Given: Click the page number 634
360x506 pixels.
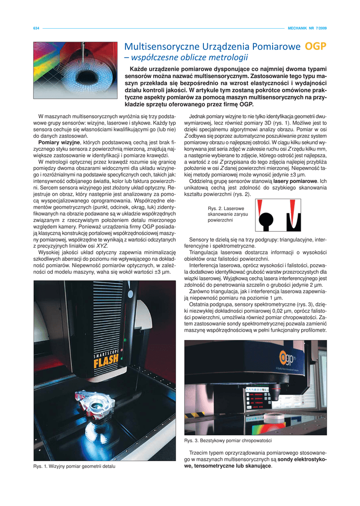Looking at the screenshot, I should click(36, 28).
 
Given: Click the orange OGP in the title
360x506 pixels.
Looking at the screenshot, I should click(316, 47).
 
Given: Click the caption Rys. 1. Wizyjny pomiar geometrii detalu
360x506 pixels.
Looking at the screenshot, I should click(74, 466).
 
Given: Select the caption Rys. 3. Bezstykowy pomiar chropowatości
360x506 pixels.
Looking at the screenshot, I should click(228, 440).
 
